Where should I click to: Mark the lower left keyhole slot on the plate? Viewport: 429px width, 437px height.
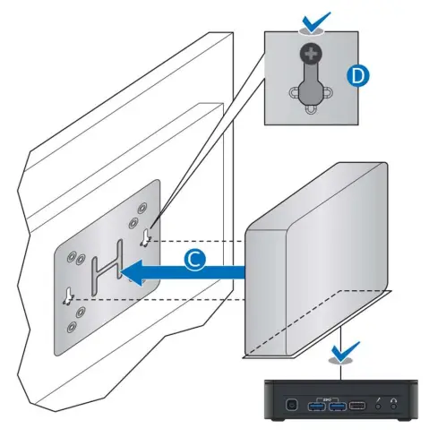pyautogui.click(x=67, y=295)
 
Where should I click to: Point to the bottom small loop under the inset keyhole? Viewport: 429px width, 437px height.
pyautogui.click(x=311, y=111)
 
